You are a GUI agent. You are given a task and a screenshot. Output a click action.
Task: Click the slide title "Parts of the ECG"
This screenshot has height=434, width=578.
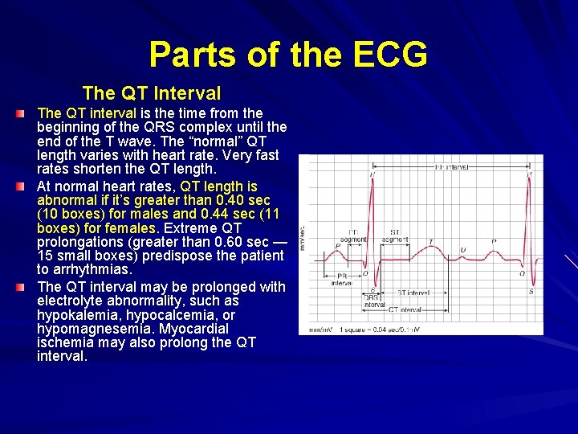[288, 55]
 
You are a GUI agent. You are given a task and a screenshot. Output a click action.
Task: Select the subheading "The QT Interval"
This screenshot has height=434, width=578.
[152, 93]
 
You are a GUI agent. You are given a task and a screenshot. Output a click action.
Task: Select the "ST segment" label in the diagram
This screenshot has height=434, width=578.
[395, 235]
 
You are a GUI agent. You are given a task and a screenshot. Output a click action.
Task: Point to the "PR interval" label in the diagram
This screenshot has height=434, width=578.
[342, 279]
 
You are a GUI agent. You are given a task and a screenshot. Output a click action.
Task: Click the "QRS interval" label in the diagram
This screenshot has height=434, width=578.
[373, 301]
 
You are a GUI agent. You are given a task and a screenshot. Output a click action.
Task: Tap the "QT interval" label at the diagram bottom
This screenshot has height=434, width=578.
[405, 309]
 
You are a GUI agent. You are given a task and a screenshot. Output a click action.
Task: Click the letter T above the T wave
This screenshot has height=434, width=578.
[430, 242]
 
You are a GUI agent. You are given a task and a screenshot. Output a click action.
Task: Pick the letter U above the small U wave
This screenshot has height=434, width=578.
[462, 250]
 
